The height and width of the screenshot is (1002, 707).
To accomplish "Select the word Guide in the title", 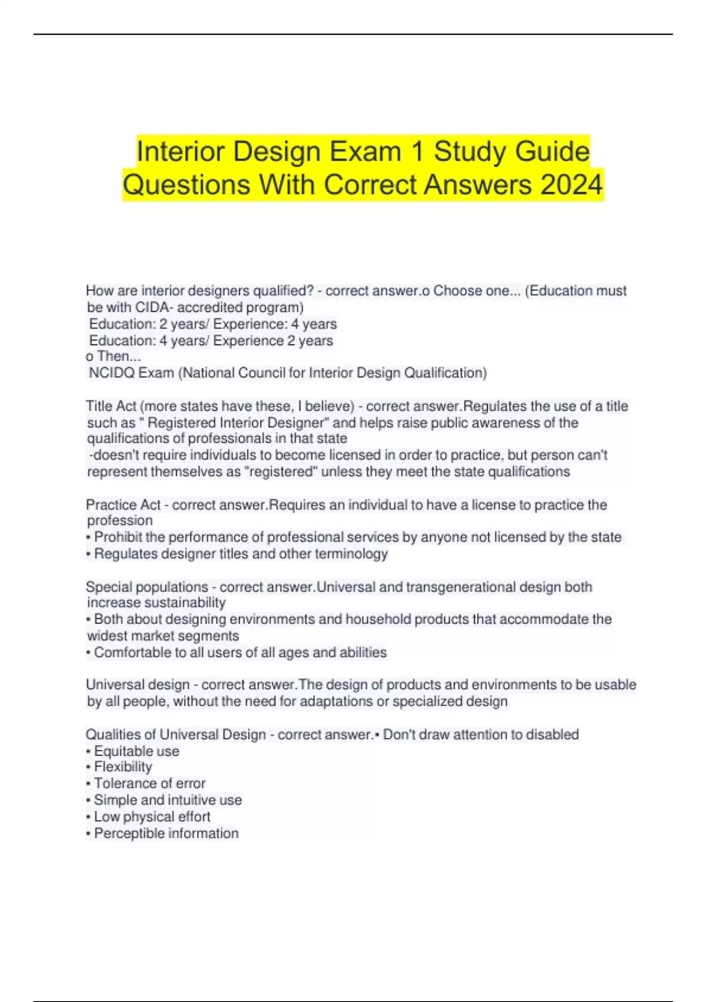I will [x=552, y=151].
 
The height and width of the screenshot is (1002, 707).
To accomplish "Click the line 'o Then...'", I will [x=113, y=356].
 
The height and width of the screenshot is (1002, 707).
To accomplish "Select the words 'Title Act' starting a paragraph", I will [x=111, y=406].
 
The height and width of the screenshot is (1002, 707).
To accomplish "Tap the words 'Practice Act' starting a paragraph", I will [x=123, y=505].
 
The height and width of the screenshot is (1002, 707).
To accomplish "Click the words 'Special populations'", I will [x=147, y=587].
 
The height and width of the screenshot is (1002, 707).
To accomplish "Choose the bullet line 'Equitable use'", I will [x=136, y=751].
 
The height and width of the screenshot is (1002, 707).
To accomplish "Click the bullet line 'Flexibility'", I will [x=123, y=767].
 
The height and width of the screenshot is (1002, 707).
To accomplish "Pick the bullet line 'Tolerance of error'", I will [x=149, y=783].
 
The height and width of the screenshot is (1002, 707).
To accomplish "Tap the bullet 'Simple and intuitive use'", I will [x=167, y=800].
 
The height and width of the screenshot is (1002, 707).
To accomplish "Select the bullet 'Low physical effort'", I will [x=151, y=816].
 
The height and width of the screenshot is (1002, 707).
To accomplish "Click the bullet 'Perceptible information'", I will [x=166, y=833].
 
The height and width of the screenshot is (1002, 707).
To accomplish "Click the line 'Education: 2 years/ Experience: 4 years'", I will [x=213, y=324].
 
